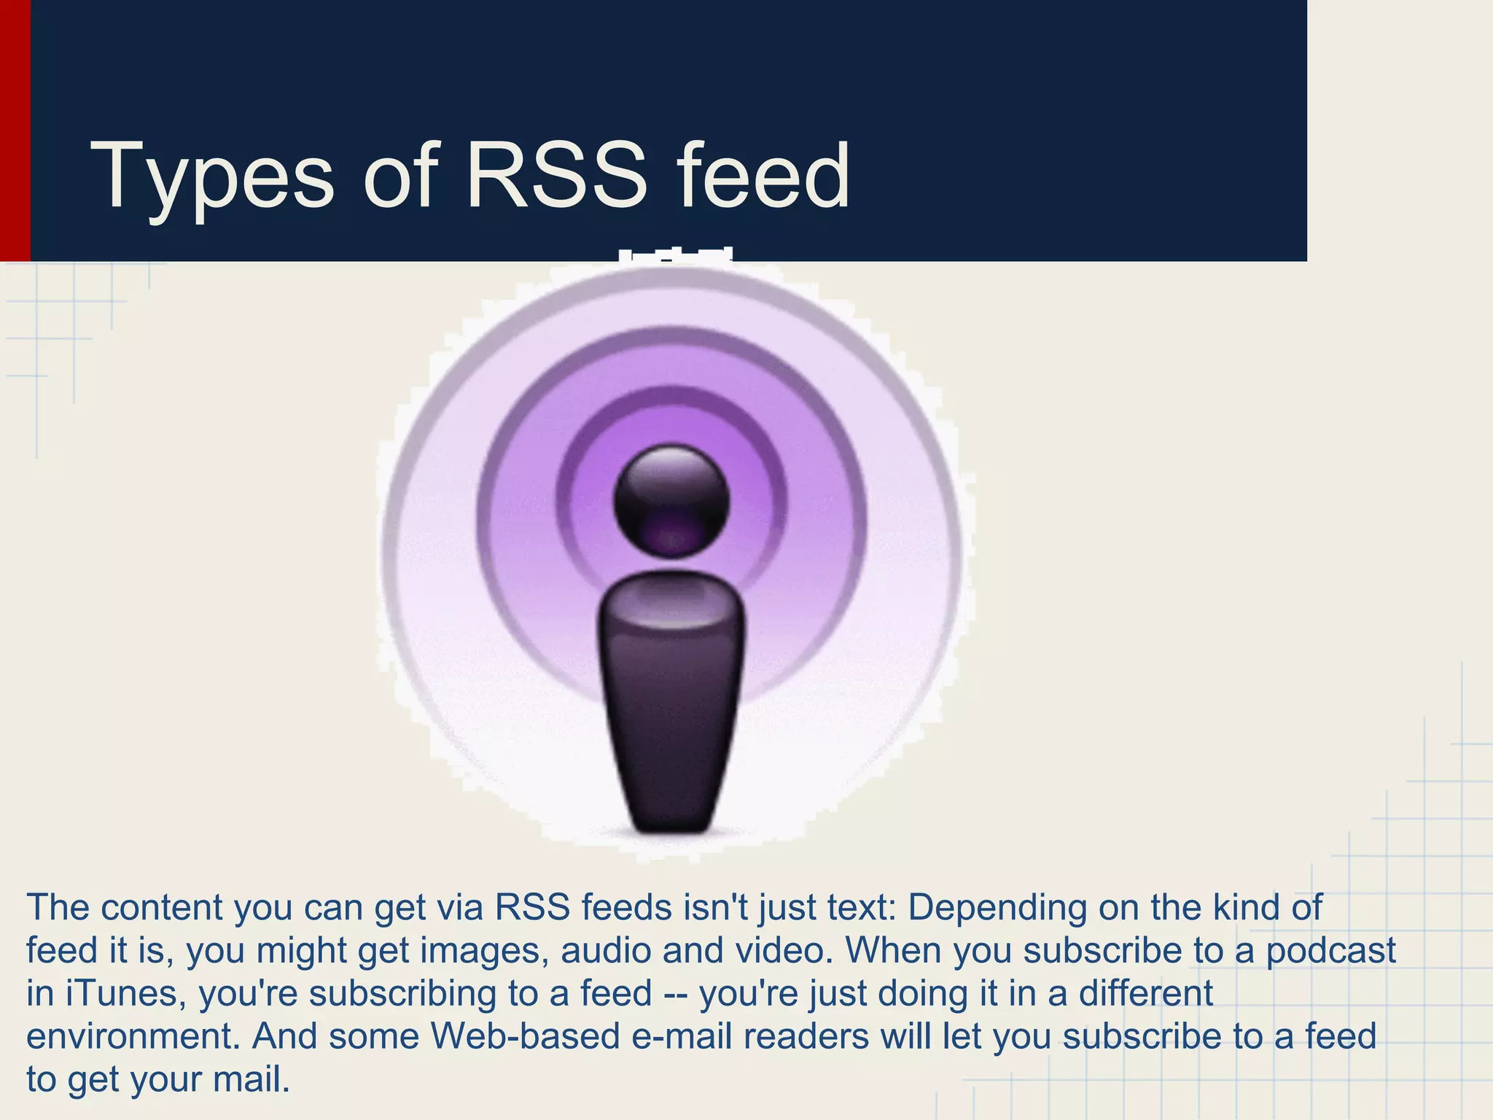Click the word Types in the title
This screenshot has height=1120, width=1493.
coord(211,177)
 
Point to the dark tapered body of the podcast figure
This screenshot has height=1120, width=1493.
coord(671,700)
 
